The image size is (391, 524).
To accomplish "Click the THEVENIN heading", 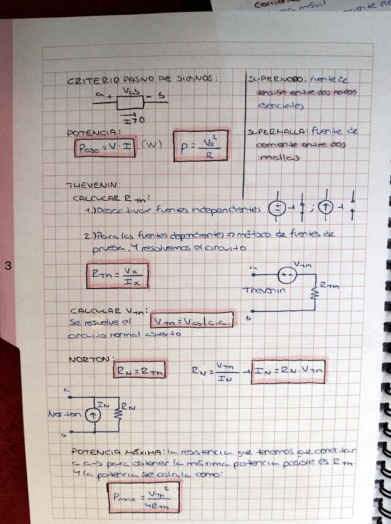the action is (x=92, y=184).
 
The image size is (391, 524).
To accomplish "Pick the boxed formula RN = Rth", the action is (x=139, y=370).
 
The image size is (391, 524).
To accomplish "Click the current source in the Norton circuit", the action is (x=91, y=415).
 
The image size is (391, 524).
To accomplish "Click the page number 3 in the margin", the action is (x=8, y=266).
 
